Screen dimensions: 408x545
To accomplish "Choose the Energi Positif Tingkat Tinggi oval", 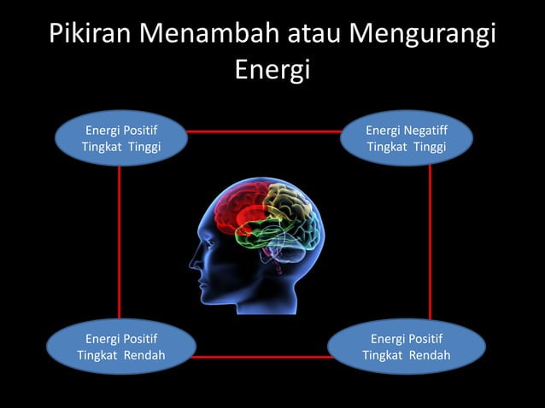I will click(x=120, y=138).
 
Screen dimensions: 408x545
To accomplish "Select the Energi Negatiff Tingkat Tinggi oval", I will click(x=406, y=138).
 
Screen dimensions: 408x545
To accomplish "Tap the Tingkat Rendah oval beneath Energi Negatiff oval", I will click(x=406, y=347).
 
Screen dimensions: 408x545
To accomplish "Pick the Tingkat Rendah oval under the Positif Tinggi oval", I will click(x=120, y=347).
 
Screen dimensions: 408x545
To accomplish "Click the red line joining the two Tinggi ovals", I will click(x=263, y=131).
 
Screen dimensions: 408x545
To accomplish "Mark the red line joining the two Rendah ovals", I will click(x=260, y=357).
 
